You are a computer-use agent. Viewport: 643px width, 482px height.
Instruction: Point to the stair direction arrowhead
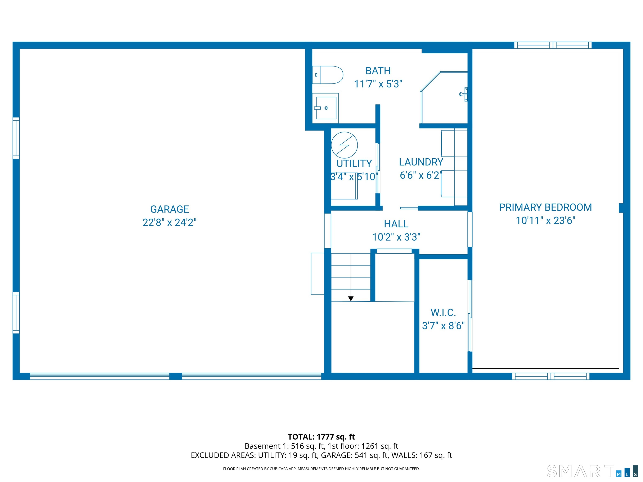pos(351,299)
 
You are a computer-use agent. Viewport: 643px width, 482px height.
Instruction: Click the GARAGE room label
pos(170,209)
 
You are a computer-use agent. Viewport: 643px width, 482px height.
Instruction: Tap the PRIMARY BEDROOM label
pos(545,208)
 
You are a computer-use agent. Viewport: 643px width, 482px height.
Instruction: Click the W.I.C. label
pos(443,313)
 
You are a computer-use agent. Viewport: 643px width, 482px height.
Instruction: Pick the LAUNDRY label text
pos(421,162)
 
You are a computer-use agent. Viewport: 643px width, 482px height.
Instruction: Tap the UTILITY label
pos(354,164)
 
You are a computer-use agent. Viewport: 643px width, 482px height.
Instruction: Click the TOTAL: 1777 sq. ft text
pos(321,437)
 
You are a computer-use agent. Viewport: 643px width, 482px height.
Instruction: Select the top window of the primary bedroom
pos(553,45)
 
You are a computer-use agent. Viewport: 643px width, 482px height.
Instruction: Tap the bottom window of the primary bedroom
pos(550,376)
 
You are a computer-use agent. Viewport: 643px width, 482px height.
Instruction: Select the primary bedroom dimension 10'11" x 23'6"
pos(545,221)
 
